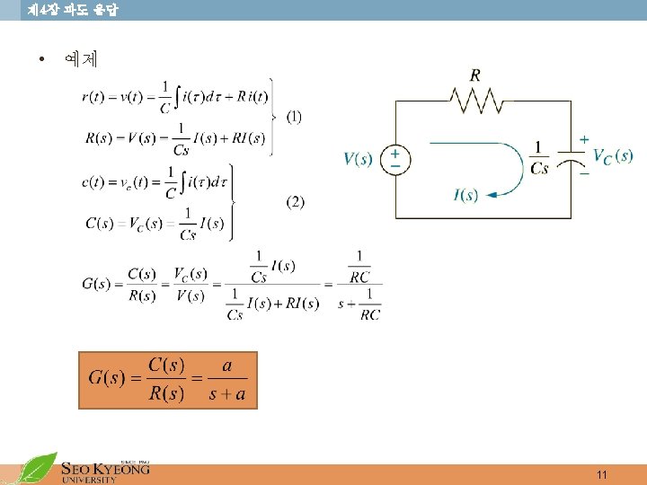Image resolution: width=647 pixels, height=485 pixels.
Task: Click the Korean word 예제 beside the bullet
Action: point(81,61)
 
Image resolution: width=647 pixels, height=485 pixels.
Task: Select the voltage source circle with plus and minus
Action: point(394,160)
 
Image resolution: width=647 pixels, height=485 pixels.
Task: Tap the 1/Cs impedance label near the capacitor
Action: point(538,157)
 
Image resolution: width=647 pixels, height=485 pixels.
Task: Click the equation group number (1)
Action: point(294,117)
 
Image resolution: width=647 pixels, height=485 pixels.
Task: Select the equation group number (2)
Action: point(295,202)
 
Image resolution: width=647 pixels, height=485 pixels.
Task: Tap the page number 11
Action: point(602,474)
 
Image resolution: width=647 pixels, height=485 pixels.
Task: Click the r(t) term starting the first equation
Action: point(93,97)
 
